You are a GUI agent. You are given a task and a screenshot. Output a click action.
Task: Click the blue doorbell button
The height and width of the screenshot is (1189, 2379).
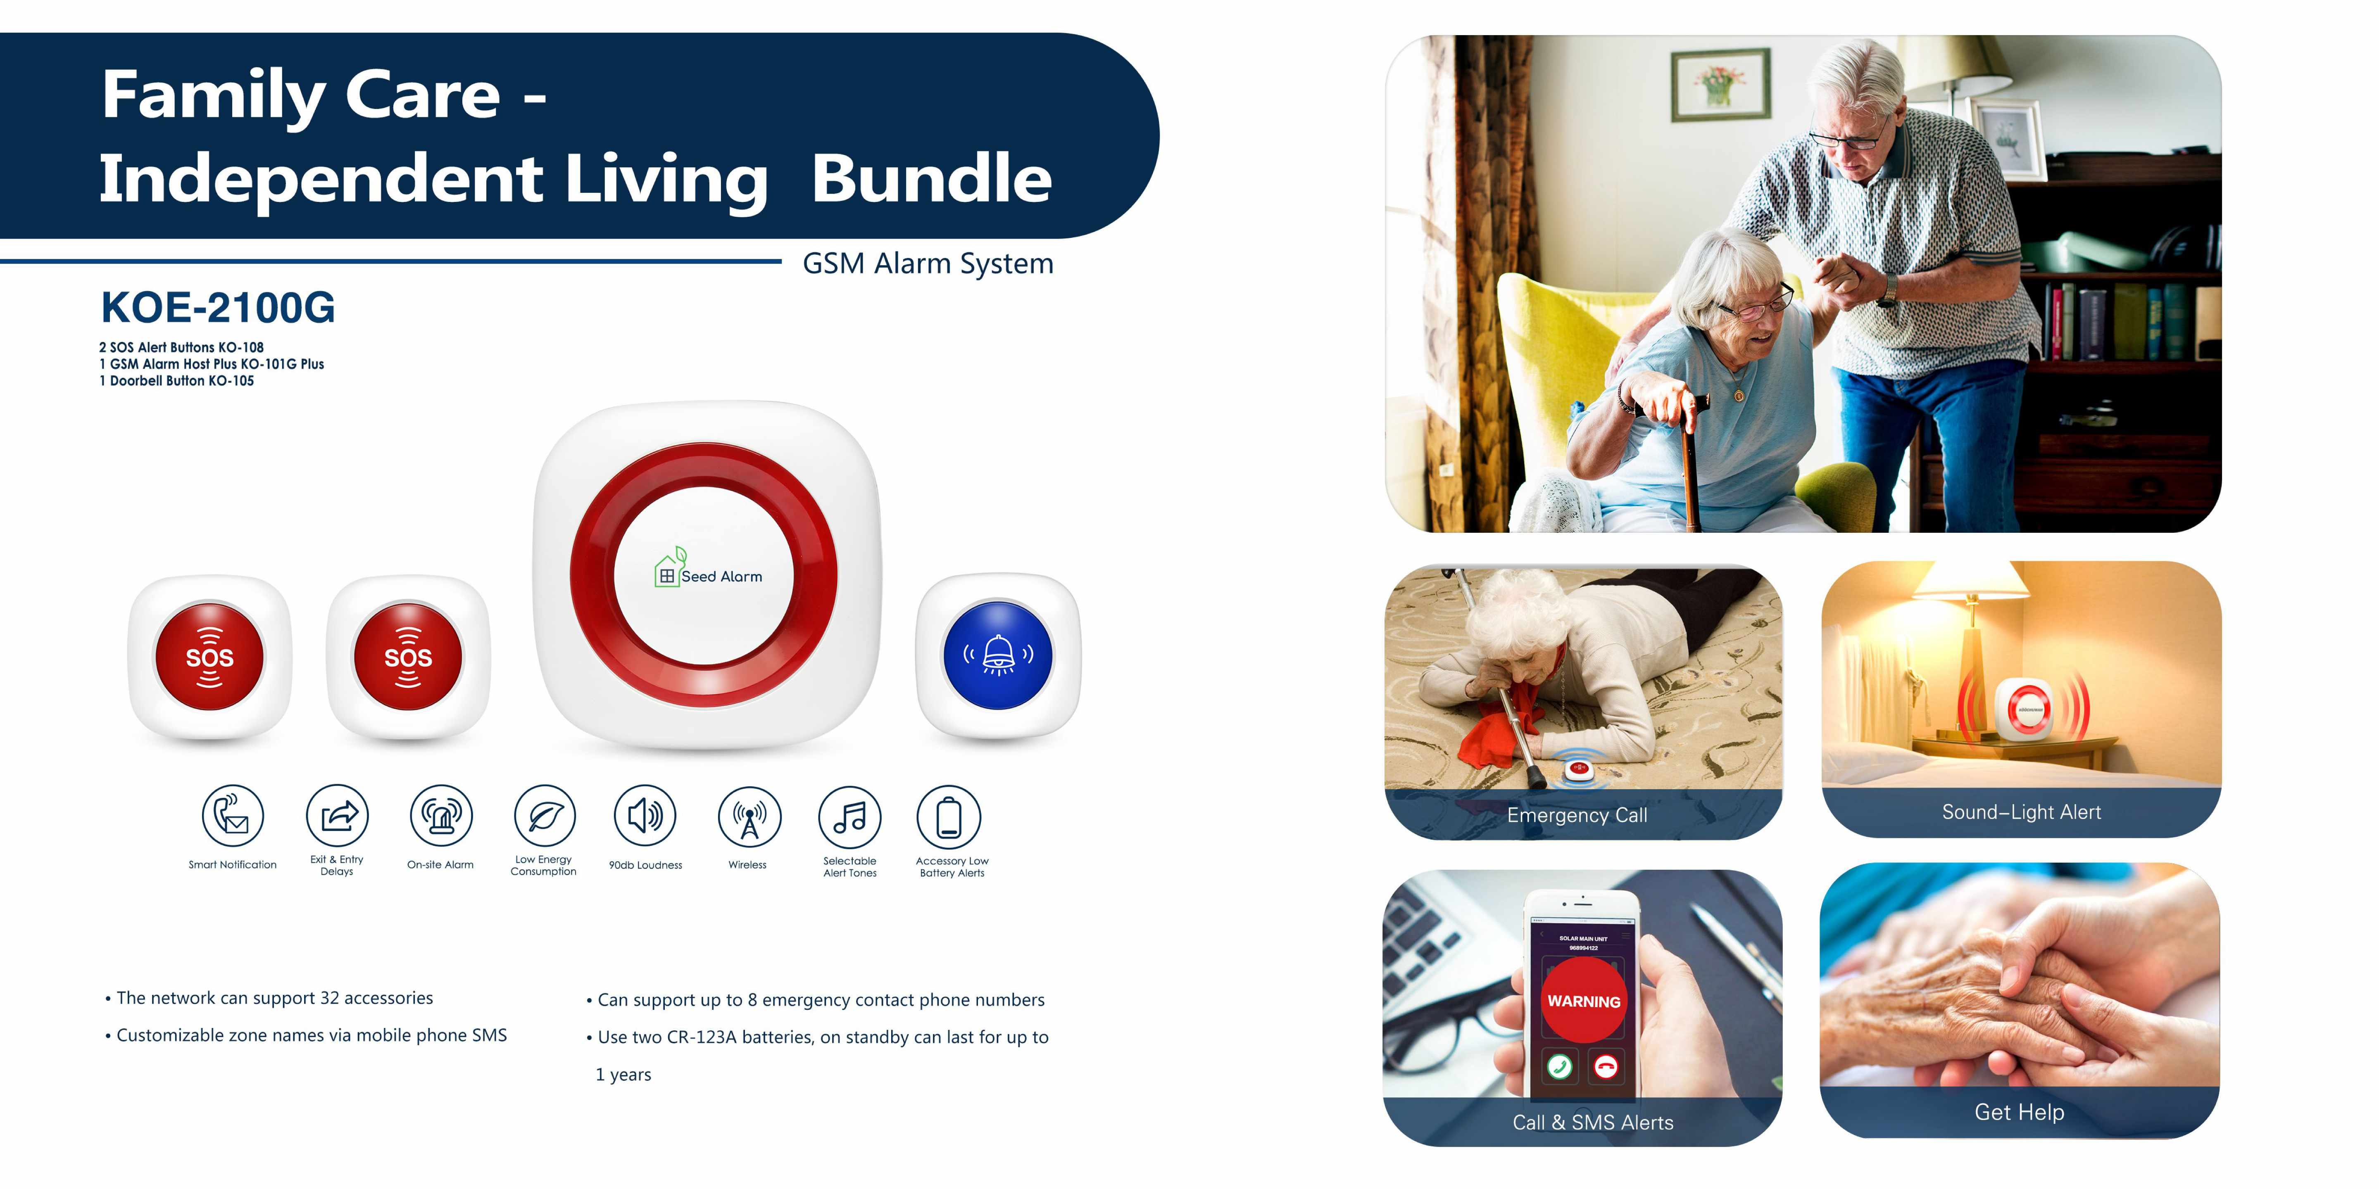pos(997,655)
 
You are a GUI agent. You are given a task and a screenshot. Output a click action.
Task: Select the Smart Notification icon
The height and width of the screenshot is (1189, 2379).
pos(233,816)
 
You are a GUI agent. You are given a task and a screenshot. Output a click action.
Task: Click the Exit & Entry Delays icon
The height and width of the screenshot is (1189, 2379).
pos(337,816)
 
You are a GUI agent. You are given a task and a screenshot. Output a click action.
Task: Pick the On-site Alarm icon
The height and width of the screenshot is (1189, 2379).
pos(440,816)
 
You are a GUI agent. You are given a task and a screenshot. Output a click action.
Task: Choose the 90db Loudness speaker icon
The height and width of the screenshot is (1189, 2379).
pos(645,816)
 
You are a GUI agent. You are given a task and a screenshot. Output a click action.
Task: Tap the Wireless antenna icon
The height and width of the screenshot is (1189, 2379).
pos(749,816)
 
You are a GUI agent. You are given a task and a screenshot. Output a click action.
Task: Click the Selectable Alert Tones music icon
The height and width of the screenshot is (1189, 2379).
pos(849,816)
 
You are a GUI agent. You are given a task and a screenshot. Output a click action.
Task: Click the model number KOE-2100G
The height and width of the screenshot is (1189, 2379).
pos(218,307)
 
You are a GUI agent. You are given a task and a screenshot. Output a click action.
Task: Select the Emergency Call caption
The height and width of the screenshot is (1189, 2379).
pos(1577,815)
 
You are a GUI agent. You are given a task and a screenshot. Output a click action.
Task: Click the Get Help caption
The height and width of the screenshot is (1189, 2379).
pos(2020,1112)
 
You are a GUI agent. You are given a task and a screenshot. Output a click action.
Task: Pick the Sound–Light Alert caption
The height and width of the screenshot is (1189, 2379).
pos(2022,812)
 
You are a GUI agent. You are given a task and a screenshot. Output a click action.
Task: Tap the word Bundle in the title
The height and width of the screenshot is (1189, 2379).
pos(932,178)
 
